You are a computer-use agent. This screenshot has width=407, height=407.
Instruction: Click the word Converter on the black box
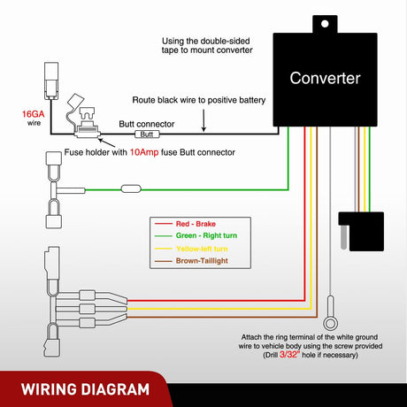tap(325, 79)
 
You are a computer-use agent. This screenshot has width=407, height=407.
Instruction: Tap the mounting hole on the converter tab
tap(325, 24)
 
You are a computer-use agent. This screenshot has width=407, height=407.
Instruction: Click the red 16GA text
tap(33, 114)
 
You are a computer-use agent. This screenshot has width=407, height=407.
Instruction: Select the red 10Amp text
tap(144, 152)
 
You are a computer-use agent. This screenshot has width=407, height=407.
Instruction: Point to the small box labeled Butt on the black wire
tap(147, 134)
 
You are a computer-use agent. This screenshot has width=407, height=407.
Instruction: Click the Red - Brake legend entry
tap(185, 224)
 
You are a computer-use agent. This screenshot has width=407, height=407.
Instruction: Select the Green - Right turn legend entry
tap(196, 235)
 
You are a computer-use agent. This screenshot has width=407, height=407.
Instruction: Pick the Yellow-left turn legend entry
tap(191, 249)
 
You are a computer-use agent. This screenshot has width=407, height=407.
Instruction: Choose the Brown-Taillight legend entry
tap(191, 261)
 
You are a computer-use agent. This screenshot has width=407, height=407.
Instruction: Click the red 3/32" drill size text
tap(289, 355)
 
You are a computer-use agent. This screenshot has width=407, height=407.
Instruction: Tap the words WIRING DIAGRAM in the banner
tap(85, 389)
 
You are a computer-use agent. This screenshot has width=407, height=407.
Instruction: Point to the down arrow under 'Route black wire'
tap(203, 120)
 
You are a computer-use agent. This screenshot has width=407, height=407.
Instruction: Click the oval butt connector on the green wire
tap(131, 188)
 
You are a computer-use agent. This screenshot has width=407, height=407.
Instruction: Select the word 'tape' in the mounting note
tap(170, 50)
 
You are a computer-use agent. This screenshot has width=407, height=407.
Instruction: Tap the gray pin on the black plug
tap(343, 237)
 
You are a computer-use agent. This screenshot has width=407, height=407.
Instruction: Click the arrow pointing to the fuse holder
tap(106, 143)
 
